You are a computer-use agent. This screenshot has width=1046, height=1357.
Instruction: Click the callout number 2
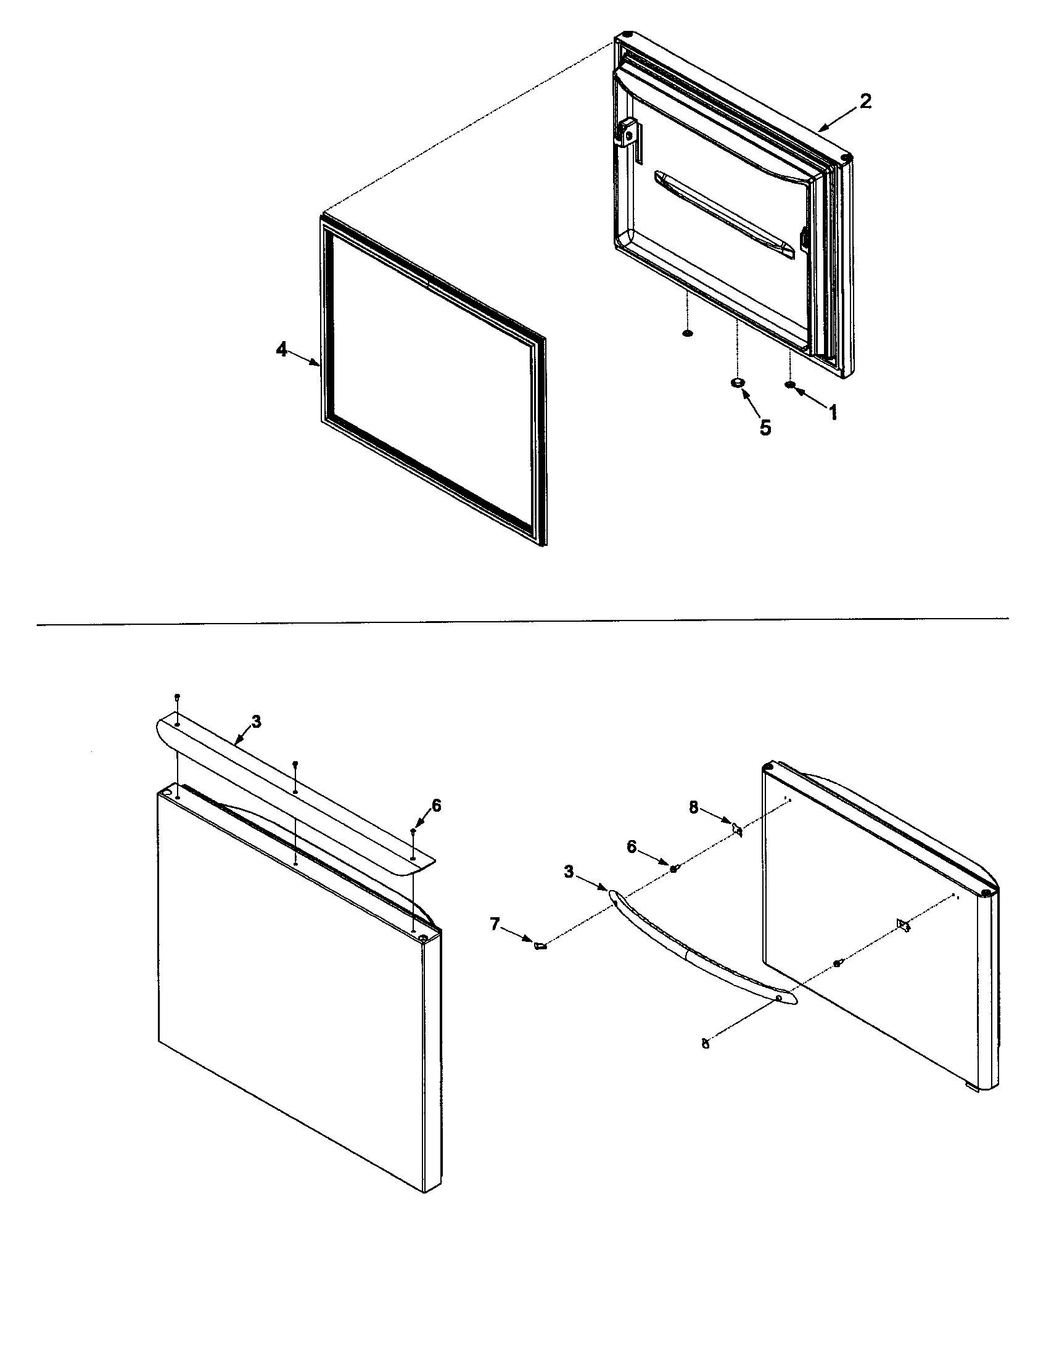[865, 101]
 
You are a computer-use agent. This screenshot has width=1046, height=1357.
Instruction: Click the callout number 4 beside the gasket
[282, 350]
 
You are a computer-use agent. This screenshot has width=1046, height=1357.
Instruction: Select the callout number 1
[833, 412]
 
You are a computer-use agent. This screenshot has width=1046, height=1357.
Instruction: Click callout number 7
[495, 924]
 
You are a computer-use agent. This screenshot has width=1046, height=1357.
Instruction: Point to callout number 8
[694, 807]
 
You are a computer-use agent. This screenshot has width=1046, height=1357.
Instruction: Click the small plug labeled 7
[539, 946]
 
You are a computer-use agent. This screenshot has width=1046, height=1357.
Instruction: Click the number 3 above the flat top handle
[257, 722]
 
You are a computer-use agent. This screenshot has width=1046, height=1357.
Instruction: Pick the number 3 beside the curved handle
[569, 872]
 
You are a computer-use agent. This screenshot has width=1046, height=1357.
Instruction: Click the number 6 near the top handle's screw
[436, 806]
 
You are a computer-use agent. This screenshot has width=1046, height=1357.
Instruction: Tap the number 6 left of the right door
[632, 847]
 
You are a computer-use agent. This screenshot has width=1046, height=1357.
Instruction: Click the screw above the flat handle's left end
[178, 696]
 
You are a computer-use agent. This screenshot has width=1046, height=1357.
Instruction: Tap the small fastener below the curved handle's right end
[705, 1044]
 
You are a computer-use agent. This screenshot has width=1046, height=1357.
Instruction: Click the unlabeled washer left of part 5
[687, 334]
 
